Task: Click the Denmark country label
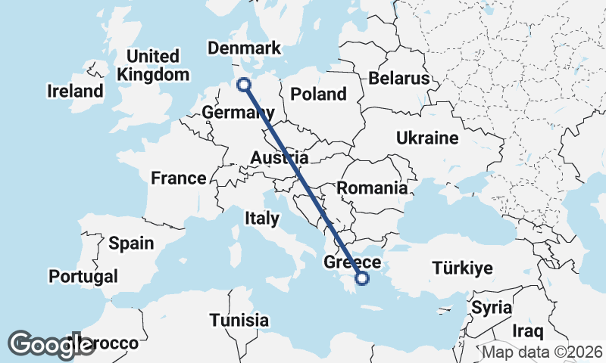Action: point(244,48)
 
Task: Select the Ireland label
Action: point(75,92)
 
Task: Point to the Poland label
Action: point(318,95)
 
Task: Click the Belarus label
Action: point(399,79)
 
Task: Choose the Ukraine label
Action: point(427,138)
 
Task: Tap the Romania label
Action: point(372,188)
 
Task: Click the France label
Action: point(178,178)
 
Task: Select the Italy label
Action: point(262,219)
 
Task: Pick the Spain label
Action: point(131,244)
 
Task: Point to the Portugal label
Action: point(83,276)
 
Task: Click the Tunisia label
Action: point(239,320)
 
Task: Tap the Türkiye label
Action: point(462,268)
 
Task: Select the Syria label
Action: point(492,308)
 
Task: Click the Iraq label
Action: point(529,331)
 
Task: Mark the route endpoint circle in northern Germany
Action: point(244,85)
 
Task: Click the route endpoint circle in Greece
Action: point(362,278)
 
